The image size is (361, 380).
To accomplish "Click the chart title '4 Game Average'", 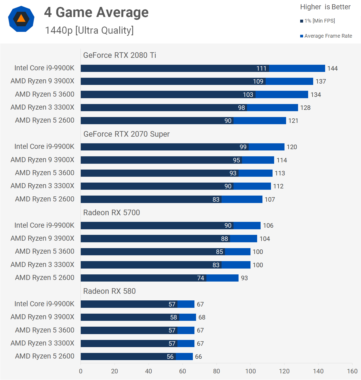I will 96,12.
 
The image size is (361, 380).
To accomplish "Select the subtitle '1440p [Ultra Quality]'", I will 89,31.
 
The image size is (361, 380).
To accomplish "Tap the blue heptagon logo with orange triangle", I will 21,19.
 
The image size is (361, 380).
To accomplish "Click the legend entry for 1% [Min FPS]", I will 318,21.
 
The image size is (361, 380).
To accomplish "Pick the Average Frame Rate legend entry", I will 326,36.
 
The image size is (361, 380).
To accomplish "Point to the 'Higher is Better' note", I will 325,7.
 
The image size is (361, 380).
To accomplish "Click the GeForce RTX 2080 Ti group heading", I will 120,55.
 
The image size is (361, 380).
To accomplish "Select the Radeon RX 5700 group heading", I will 112,213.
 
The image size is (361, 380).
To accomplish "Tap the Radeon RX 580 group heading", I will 109,291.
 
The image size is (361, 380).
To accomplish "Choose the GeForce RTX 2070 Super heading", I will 126,134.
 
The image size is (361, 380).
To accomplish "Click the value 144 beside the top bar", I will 332,68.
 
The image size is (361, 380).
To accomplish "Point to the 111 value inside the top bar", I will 261,68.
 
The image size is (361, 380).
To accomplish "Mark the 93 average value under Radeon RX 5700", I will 244,278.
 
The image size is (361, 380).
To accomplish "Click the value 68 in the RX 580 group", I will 202,317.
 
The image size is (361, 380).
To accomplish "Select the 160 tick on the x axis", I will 352,371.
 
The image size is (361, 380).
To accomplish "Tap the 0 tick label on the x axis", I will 81,371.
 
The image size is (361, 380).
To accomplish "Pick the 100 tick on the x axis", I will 250,371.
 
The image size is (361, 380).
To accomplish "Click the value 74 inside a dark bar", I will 201,278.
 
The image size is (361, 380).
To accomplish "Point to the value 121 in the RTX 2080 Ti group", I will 293,121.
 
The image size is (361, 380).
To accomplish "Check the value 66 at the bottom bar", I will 198,357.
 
